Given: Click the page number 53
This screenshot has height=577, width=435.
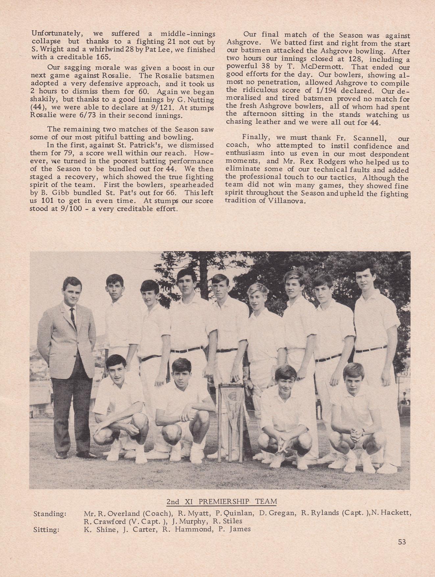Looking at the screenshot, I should coord(402,551).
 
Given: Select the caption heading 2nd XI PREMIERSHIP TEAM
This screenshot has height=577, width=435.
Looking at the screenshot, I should coord(222,501).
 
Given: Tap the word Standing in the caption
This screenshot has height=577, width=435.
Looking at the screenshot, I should coord(49,513).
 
